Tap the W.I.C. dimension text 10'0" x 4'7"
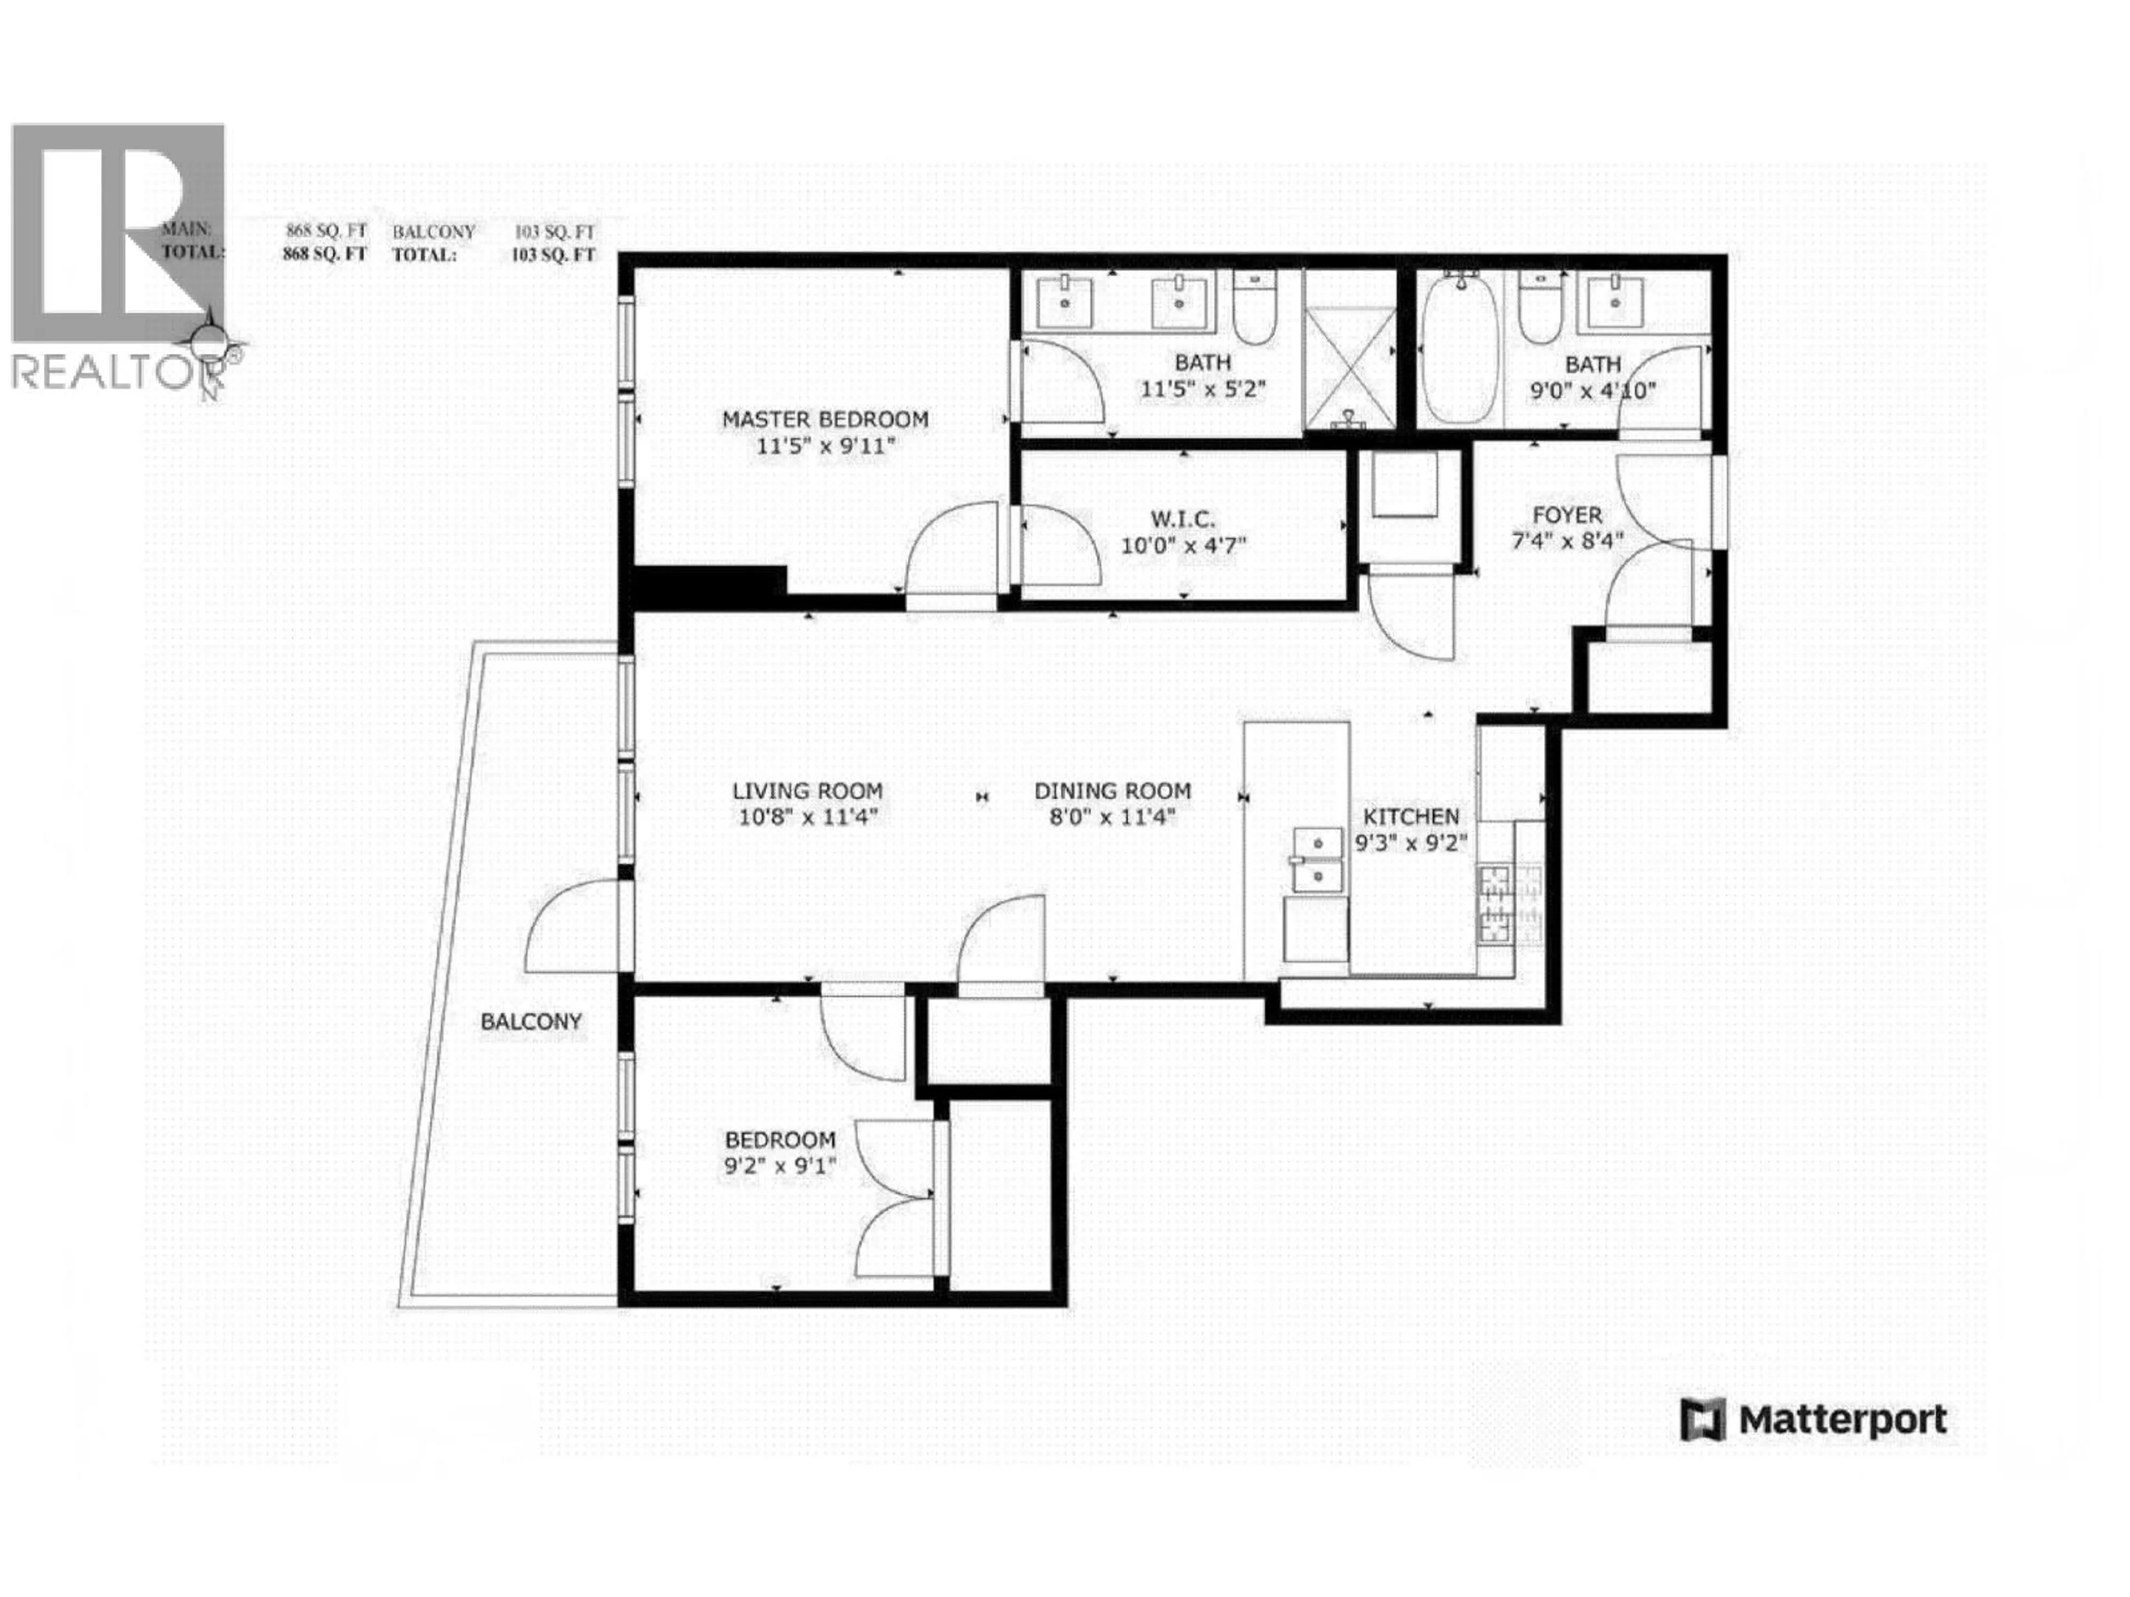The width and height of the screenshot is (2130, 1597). (x=1184, y=546)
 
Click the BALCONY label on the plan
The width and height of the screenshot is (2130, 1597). (x=531, y=1021)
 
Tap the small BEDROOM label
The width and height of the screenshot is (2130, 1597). (x=780, y=1140)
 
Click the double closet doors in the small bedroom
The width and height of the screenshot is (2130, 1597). (x=895, y=1198)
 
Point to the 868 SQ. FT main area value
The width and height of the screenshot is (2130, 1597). (x=326, y=232)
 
